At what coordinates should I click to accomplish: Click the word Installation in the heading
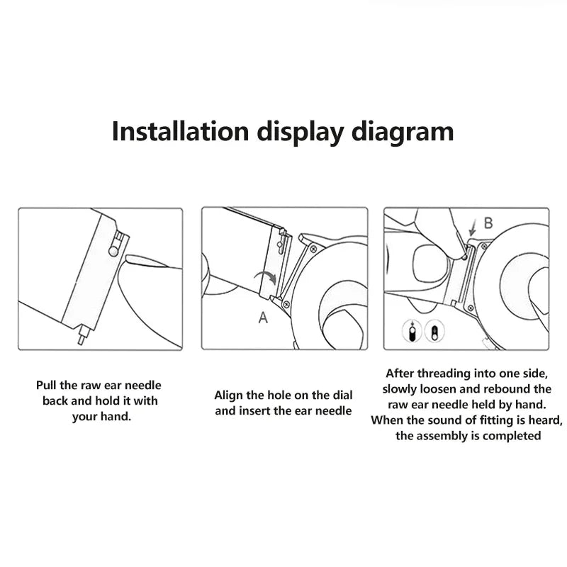click(x=181, y=131)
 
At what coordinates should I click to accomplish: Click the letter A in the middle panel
click(x=263, y=318)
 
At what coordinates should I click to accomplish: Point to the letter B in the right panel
click(x=488, y=223)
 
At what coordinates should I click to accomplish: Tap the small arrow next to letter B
click(x=472, y=228)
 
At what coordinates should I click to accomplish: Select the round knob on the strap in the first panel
click(x=113, y=252)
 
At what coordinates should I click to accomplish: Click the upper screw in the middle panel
click(x=313, y=249)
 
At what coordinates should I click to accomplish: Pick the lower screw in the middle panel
click(x=287, y=304)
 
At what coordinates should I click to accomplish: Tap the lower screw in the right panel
click(x=471, y=308)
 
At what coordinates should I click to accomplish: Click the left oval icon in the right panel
click(x=412, y=331)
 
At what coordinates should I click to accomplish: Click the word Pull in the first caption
click(x=45, y=385)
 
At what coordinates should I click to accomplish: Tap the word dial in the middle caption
click(x=342, y=395)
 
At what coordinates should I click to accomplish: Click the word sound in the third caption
click(x=447, y=420)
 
